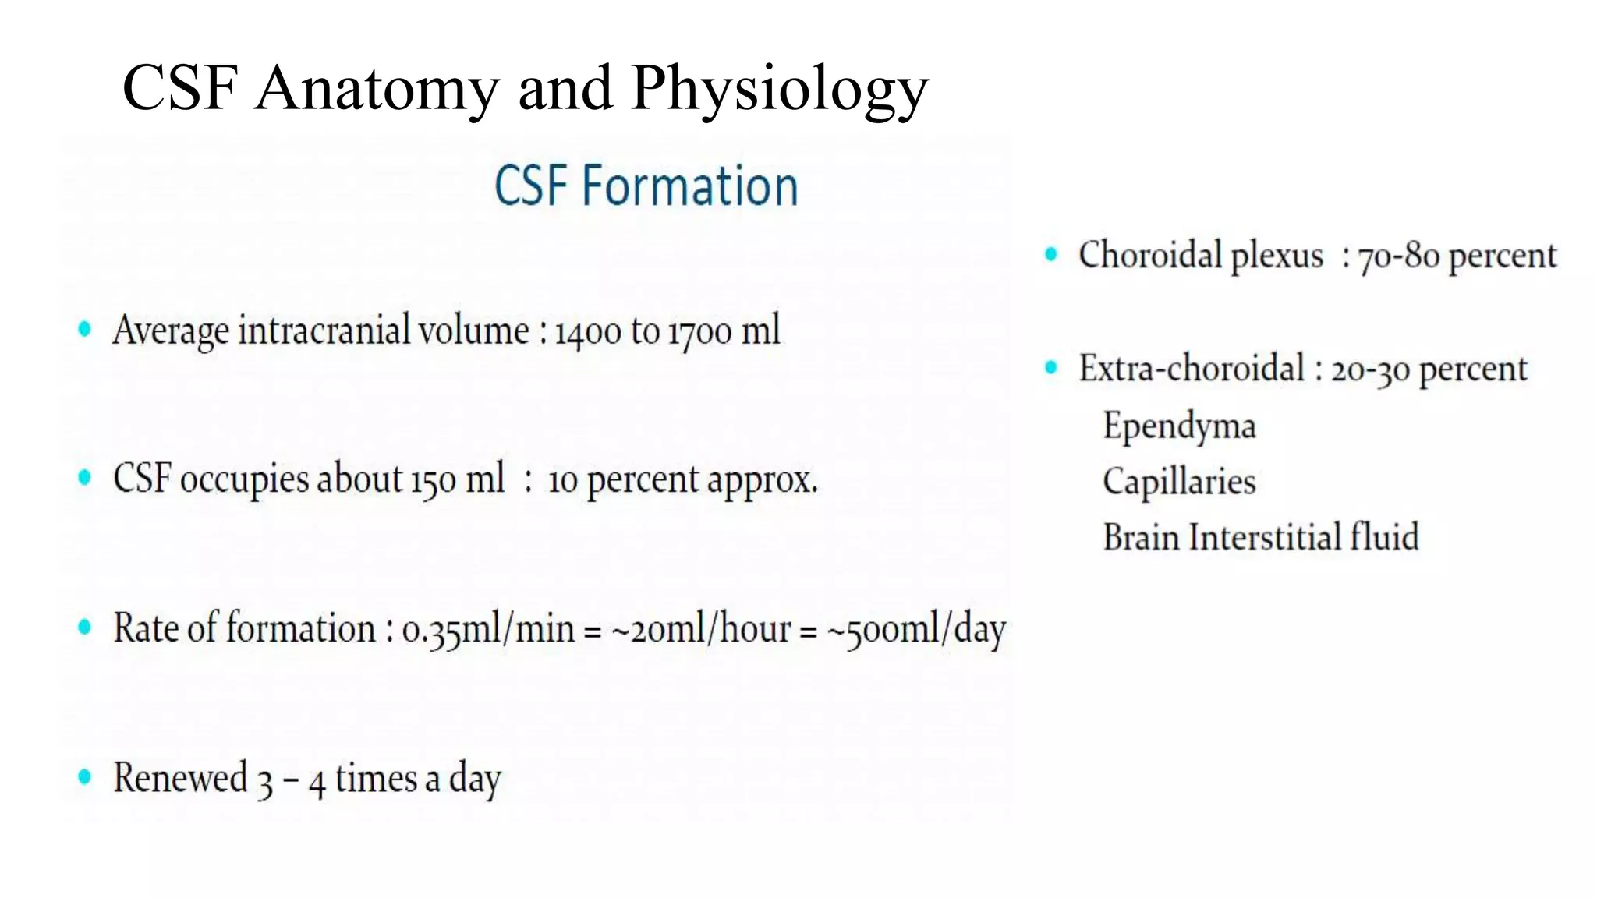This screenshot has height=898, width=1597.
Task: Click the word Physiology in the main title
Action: (x=779, y=89)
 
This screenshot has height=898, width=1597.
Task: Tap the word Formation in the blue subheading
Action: (x=690, y=186)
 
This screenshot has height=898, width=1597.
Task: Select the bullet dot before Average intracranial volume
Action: (x=85, y=330)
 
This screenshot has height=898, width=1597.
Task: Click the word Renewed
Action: (x=180, y=778)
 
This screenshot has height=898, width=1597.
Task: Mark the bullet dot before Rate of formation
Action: (x=85, y=628)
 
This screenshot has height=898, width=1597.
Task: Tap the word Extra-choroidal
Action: (x=1192, y=369)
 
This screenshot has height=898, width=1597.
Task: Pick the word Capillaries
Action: (x=1179, y=482)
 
